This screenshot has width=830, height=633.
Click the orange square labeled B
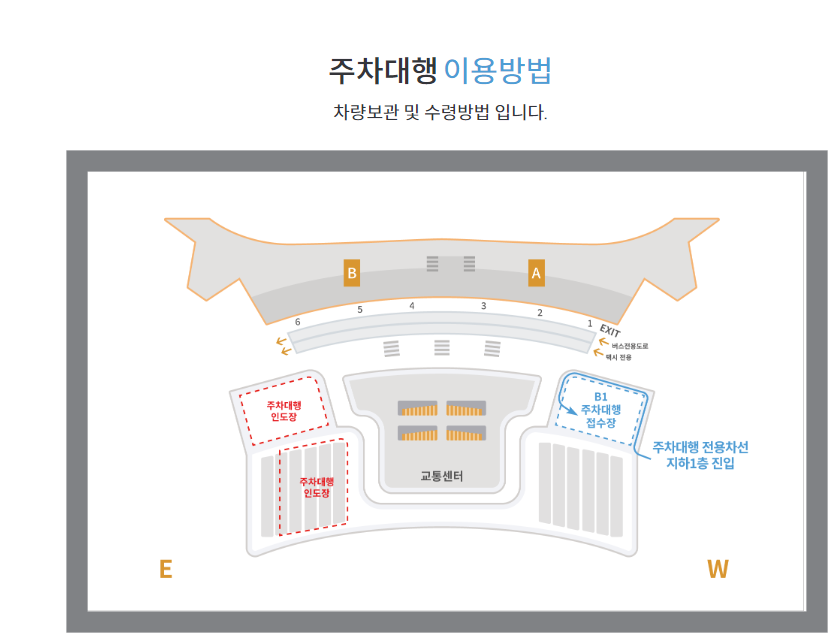coord(351,273)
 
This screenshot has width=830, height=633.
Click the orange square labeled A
coord(536,272)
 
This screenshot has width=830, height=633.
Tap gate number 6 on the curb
coord(297,322)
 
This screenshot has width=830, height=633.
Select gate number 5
coord(360,310)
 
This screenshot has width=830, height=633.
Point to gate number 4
coord(411,305)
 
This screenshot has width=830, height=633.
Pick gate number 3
coord(483,306)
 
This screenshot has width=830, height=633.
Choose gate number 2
coord(540,313)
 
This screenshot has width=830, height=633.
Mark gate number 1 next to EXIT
coord(590,323)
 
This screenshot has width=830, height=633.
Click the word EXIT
coord(610,332)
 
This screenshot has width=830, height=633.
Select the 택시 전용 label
coord(618,356)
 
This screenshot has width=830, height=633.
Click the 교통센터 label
coord(442,476)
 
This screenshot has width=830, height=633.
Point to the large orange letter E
coord(166,569)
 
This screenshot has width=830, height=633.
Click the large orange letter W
coord(717,569)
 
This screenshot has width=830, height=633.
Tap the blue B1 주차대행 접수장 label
coord(601,409)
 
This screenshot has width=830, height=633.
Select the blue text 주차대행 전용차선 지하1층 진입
coord(700,455)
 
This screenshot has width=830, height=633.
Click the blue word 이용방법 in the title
coord(497,71)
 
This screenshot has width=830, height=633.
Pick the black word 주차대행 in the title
coord(383,71)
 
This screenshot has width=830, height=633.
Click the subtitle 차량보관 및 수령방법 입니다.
coord(440,112)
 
